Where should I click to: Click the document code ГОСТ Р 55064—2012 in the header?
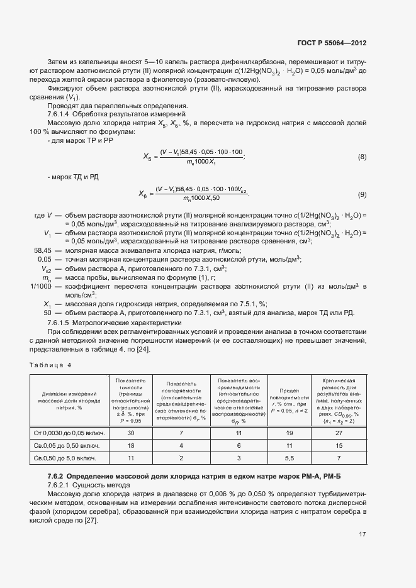[x=332, y=43]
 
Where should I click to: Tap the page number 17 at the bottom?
[x=363, y=535]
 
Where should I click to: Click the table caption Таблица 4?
[x=51, y=365]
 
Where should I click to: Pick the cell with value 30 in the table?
[x=132, y=434]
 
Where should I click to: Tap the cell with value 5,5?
[x=289, y=458]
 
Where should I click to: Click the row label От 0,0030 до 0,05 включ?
[x=69, y=434]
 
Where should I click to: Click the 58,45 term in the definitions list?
[x=42, y=250]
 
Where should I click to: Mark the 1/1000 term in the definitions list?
[x=42, y=286]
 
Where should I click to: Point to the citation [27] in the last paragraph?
[x=89, y=519]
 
